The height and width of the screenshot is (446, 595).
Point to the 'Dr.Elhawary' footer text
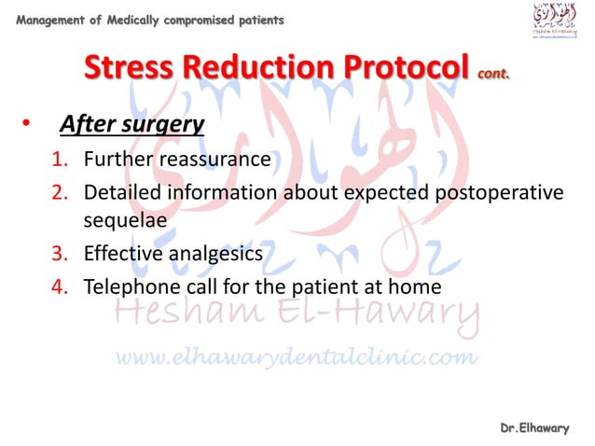[533, 427]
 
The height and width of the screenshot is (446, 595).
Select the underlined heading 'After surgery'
[132, 123]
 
